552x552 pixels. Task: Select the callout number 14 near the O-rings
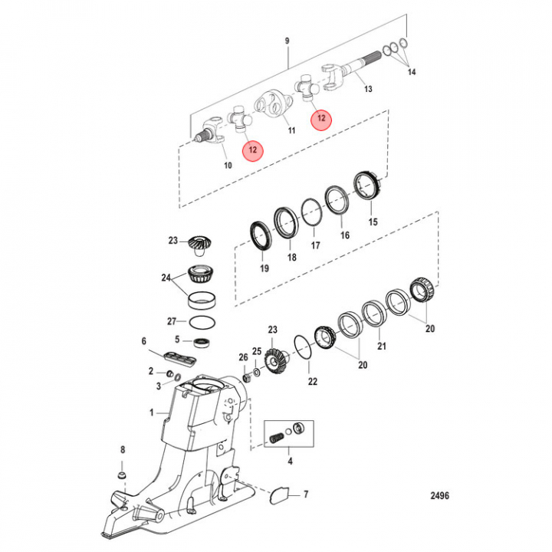[412, 73]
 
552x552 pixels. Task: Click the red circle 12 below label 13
[321, 119]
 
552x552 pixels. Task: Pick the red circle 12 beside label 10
[252, 149]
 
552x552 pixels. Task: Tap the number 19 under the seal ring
[264, 269]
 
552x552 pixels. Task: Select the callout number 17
[314, 246]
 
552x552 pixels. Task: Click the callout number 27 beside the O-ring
[172, 321]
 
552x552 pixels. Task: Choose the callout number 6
[143, 341]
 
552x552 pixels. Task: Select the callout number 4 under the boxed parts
[289, 461]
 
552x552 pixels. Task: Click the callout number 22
[312, 381]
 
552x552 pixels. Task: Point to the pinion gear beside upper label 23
[199, 245]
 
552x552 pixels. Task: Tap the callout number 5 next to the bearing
[177, 339]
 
